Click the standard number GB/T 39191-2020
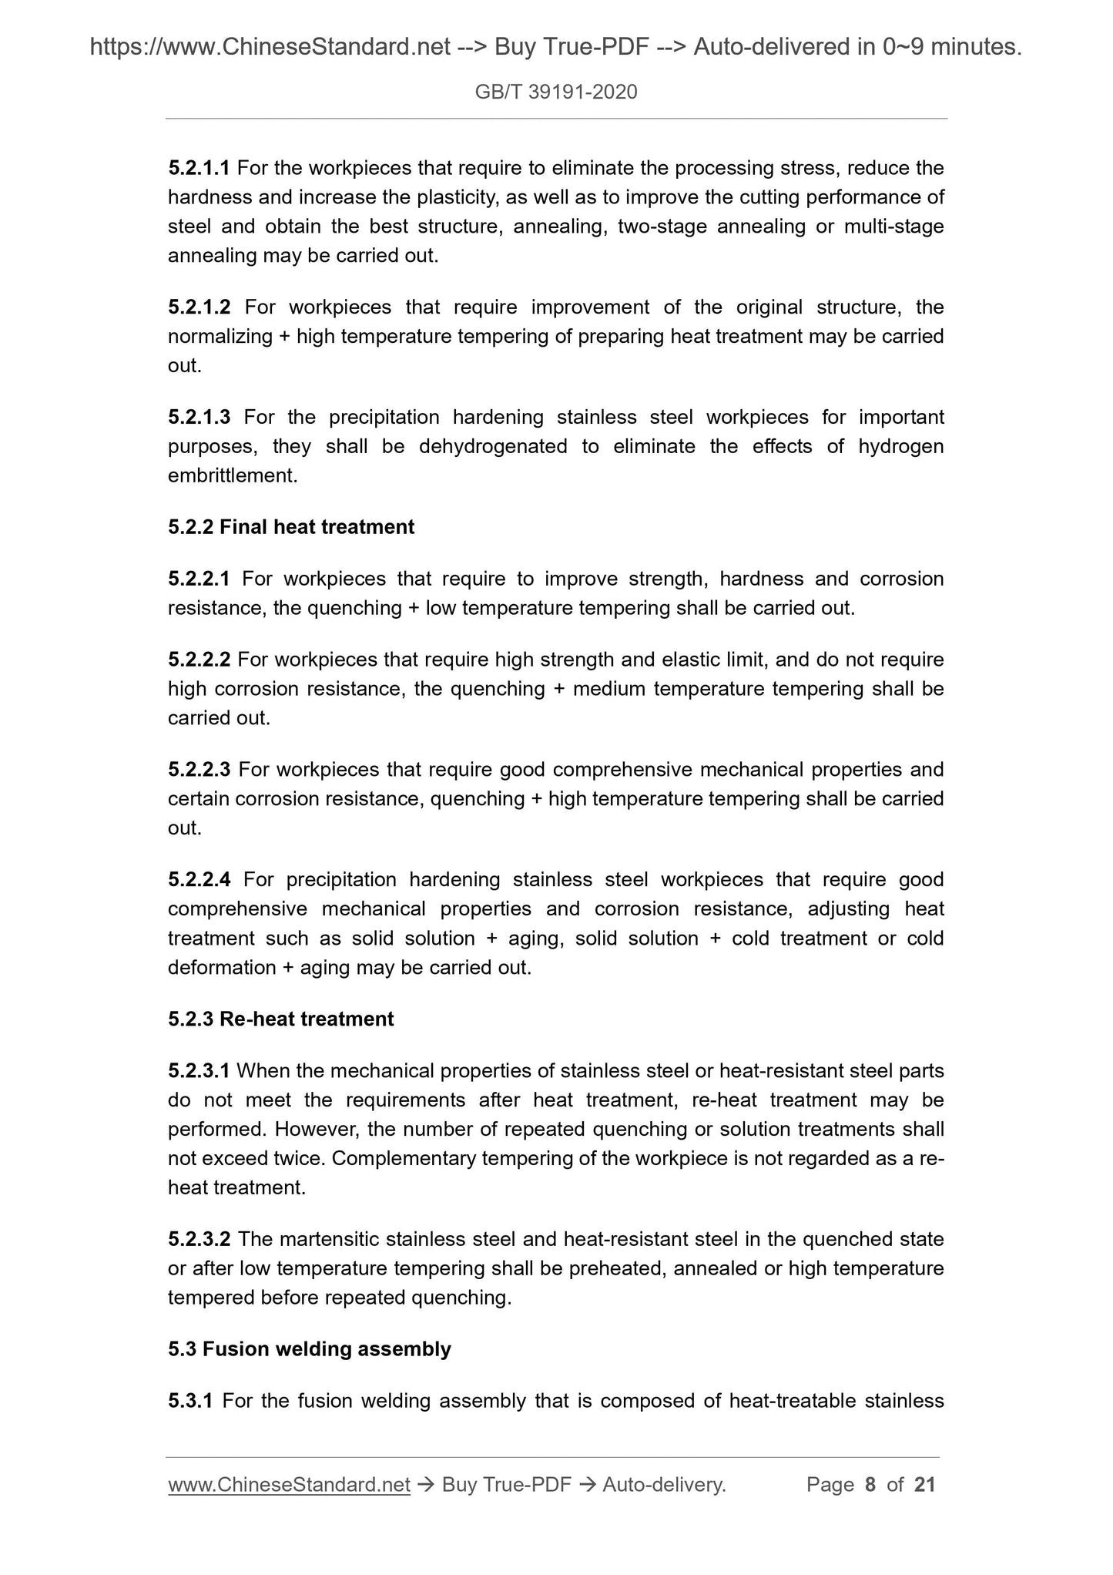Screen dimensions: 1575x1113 [556, 92]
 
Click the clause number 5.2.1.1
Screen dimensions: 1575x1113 [199, 168]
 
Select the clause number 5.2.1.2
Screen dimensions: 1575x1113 [199, 307]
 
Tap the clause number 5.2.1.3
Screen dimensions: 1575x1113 [199, 418]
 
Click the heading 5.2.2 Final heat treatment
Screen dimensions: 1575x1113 [291, 527]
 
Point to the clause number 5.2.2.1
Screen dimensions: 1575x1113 [199, 579]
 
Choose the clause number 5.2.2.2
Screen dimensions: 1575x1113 [199, 660]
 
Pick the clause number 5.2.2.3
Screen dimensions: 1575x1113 [199, 770]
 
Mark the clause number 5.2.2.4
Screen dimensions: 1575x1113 [199, 880]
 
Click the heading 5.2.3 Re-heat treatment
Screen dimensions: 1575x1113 [281, 1019]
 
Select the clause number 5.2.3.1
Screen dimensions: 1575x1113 [199, 1071]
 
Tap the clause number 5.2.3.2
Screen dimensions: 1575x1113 [199, 1240]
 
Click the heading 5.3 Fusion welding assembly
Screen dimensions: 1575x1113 [310, 1349]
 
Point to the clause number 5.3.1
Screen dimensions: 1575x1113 [190, 1401]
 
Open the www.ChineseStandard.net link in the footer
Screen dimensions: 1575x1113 [289, 1485]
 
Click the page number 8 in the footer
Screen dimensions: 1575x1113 [870, 1485]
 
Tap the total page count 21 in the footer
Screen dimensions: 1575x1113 [924, 1485]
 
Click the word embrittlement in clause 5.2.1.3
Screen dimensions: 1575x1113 [232, 476]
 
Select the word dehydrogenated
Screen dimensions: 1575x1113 [493, 447]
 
